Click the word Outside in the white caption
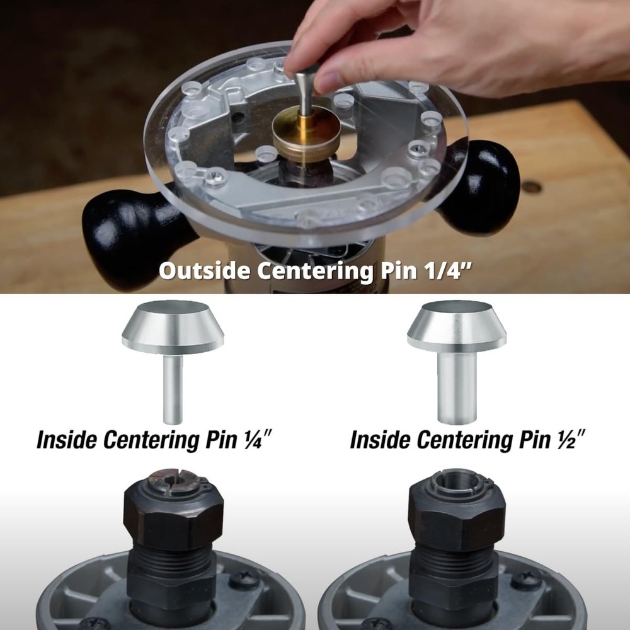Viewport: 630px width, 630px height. pyautogui.click(x=200, y=272)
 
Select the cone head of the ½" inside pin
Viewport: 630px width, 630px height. pyautogui.click(x=456, y=328)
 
